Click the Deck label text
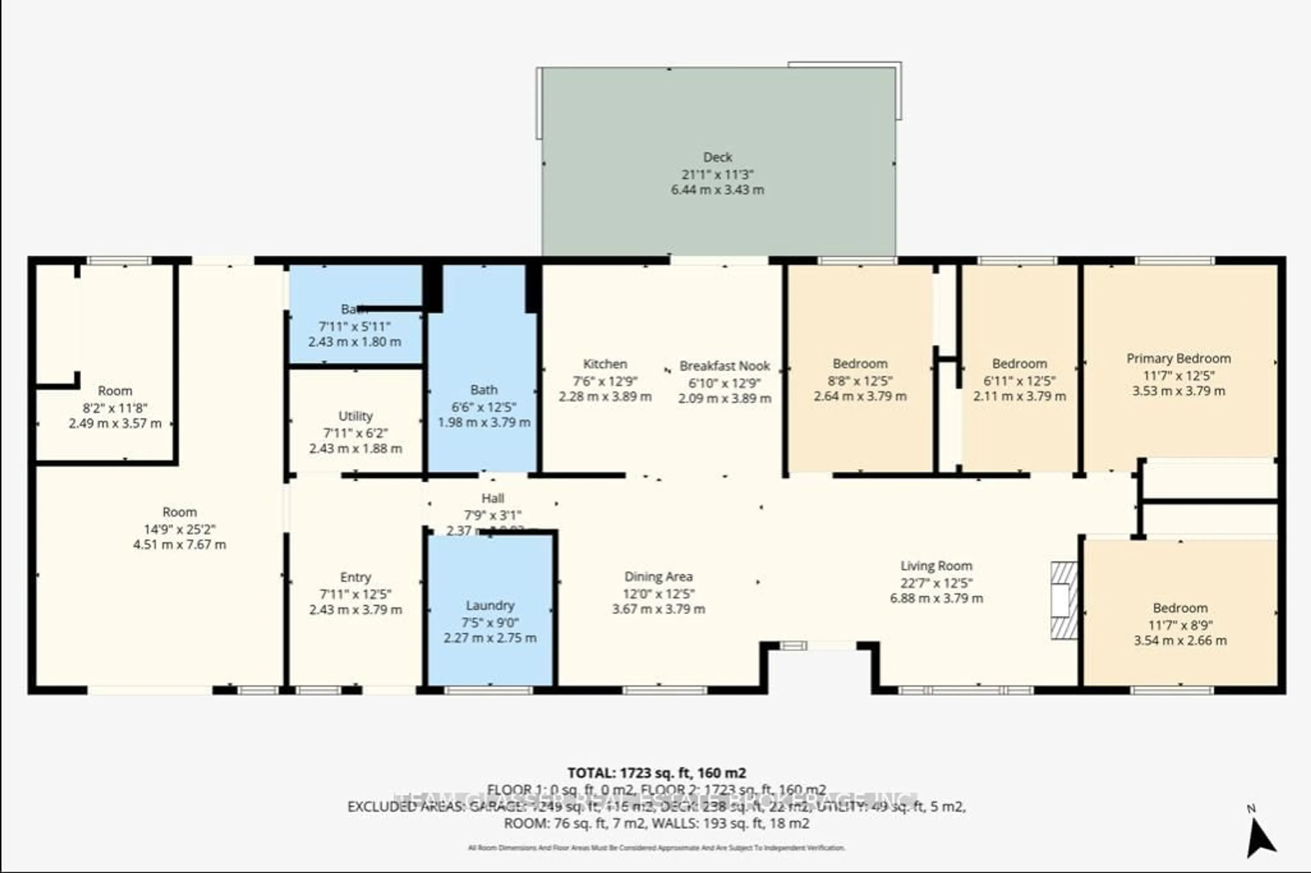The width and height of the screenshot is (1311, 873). coord(717,157)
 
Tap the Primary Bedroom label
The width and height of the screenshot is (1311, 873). coord(1178,359)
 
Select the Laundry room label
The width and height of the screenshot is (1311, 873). coord(490,605)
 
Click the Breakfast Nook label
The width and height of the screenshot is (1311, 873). coord(724,366)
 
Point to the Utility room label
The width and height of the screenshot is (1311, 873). coord(355,416)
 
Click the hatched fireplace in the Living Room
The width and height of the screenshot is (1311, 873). coord(1063,600)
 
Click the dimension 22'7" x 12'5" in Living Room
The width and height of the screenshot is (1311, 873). coord(936,582)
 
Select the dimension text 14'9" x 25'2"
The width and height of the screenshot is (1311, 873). coord(179,528)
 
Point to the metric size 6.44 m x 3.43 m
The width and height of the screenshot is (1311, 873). coord(717,189)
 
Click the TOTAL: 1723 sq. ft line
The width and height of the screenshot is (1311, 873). coord(657,773)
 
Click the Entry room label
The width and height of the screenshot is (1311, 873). coord(355,577)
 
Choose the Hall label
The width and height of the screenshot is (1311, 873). coord(492,498)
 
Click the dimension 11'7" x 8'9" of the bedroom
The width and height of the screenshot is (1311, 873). coord(1180,625)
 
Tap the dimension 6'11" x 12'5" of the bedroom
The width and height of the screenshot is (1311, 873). coord(1019,381)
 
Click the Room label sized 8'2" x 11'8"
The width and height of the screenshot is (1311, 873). coord(115,390)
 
